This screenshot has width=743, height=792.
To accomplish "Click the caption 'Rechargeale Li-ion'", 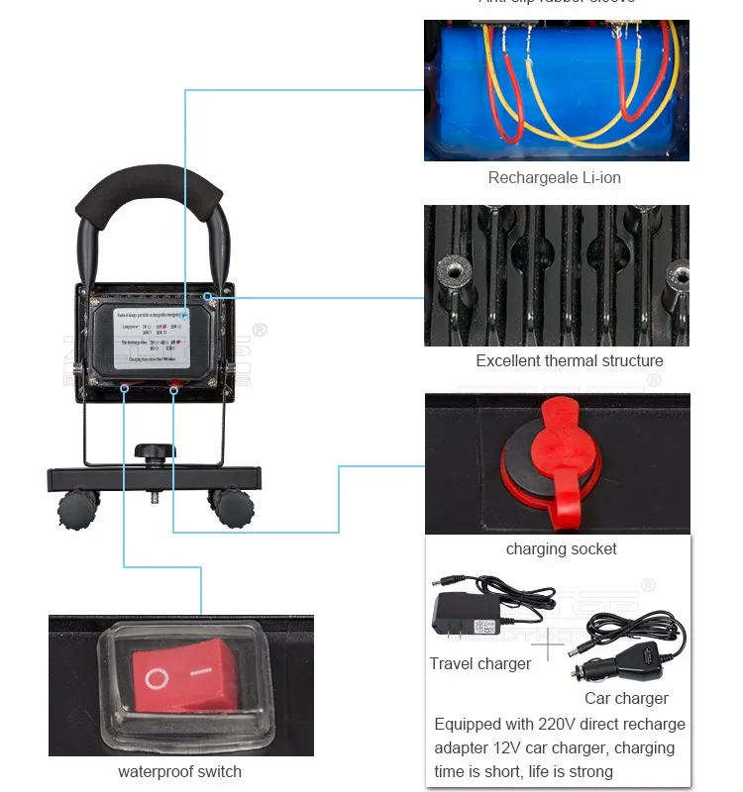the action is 555,178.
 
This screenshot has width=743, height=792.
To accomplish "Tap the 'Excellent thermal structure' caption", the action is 570,361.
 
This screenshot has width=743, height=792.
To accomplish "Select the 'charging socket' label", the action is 561,549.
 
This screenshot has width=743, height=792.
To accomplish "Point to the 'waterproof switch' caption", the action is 179,772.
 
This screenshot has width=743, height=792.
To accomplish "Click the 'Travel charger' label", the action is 480,664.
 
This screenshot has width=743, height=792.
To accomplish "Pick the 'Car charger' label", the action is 626,699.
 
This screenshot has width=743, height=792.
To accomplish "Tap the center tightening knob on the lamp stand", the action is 156,453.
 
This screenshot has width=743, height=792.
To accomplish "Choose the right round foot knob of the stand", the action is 233,506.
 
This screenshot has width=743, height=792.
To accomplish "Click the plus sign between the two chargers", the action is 547,645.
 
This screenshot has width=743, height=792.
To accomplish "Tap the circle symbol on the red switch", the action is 157,679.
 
